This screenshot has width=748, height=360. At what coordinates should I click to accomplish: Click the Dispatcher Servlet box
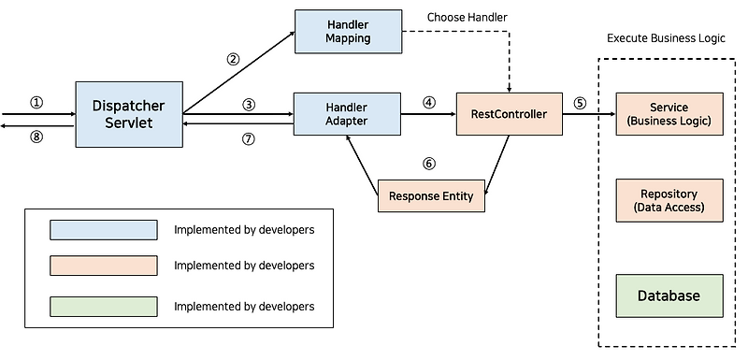click(129, 114)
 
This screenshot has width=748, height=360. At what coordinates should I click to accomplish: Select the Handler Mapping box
click(348, 31)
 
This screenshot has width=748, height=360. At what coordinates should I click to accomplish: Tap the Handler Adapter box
click(347, 114)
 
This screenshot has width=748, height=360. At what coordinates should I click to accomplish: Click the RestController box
click(509, 114)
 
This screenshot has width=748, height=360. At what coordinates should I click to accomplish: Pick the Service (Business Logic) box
click(669, 114)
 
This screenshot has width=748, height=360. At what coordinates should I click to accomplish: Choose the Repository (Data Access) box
click(669, 200)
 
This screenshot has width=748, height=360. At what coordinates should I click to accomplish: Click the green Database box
click(669, 295)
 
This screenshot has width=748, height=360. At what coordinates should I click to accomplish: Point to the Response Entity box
click(431, 195)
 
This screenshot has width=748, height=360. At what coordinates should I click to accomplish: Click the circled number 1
click(36, 103)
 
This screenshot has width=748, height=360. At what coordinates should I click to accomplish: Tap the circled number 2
click(233, 59)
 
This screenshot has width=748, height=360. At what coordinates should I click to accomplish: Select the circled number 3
click(249, 105)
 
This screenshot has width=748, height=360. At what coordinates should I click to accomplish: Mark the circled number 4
click(429, 103)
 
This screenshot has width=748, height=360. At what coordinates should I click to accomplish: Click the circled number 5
click(580, 103)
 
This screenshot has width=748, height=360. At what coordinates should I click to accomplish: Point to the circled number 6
click(429, 164)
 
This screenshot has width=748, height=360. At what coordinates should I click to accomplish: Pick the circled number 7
click(249, 138)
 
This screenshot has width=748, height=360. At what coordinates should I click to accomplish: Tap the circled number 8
click(36, 137)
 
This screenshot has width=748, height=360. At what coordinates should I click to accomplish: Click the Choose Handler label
click(467, 17)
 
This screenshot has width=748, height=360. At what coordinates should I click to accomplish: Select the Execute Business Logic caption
click(666, 38)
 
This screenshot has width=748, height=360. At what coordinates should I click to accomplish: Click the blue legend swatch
click(104, 230)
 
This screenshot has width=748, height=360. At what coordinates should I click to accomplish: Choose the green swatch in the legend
click(104, 306)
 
